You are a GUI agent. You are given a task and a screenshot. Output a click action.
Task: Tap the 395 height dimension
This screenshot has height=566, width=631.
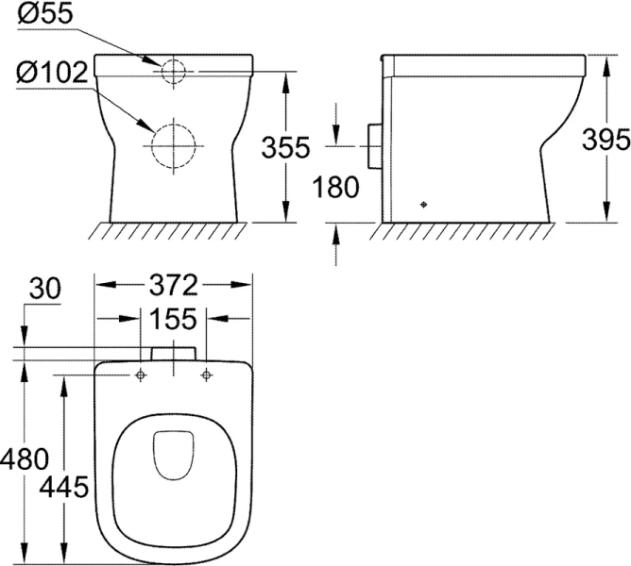tap(606, 140)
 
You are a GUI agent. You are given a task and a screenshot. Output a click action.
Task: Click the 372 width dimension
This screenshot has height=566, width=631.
tap(175, 284)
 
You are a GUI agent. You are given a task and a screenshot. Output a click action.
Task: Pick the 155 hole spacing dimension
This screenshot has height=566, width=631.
tap(172, 319)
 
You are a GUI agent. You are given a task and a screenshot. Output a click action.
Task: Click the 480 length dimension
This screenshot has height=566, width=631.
tap(23, 459)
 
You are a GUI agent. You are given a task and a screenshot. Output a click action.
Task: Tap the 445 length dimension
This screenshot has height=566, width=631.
tap(64, 487)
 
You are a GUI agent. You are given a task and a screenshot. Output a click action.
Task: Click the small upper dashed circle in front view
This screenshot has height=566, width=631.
tap(172, 72)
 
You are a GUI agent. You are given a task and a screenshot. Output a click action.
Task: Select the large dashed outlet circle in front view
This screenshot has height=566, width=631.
tap(172, 147)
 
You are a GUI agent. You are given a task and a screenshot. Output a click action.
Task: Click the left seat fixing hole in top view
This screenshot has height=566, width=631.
tap(141, 375)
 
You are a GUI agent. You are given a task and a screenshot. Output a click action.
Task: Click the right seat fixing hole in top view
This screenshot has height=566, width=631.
tap(205, 375)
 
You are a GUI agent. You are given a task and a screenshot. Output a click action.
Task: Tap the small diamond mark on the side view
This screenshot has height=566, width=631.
tap(422, 204)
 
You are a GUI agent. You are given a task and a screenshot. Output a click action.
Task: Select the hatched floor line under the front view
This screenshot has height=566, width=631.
tap(173, 230)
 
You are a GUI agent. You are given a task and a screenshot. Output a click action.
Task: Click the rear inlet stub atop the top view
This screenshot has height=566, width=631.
tap(173, 353)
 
